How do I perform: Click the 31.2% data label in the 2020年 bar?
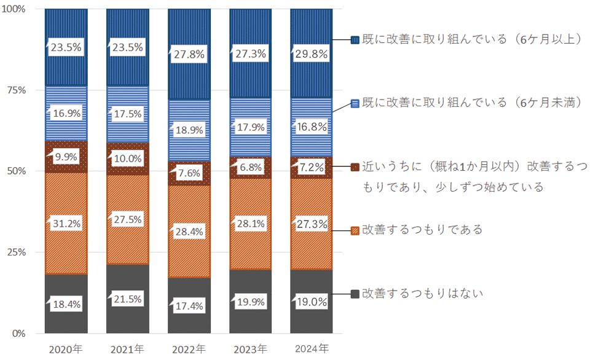(66, 224)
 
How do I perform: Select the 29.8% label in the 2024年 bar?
(312, 54)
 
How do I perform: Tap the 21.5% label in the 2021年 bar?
(127, 299)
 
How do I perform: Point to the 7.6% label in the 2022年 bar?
(189, 173)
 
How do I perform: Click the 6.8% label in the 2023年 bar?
(250, 166)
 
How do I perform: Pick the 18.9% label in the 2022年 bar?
(189, 131)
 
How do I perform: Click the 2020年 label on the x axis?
(66, 349)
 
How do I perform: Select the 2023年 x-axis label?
(250, 349)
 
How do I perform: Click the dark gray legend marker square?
(355, 294)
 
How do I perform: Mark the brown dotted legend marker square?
(355, 167)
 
